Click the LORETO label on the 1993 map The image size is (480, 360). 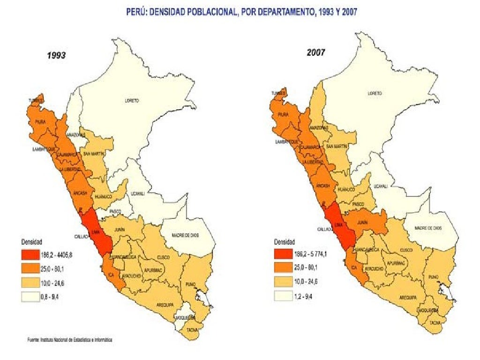pyautogui.click(x=132, y=101)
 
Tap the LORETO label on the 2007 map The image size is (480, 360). pyautogui.click(x=375, y=93)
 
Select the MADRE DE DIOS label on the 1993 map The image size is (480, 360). pyautogui.click(x=185, y=235)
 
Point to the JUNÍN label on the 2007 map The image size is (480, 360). pyautogui.click(x=362, y=223)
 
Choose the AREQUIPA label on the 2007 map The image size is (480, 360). pyautogui.click(x=408, y=298)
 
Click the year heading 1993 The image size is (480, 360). pyautogui.click(x=56, y=55)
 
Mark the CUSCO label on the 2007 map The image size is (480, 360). pyautogui.click(x=406, y=250)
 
